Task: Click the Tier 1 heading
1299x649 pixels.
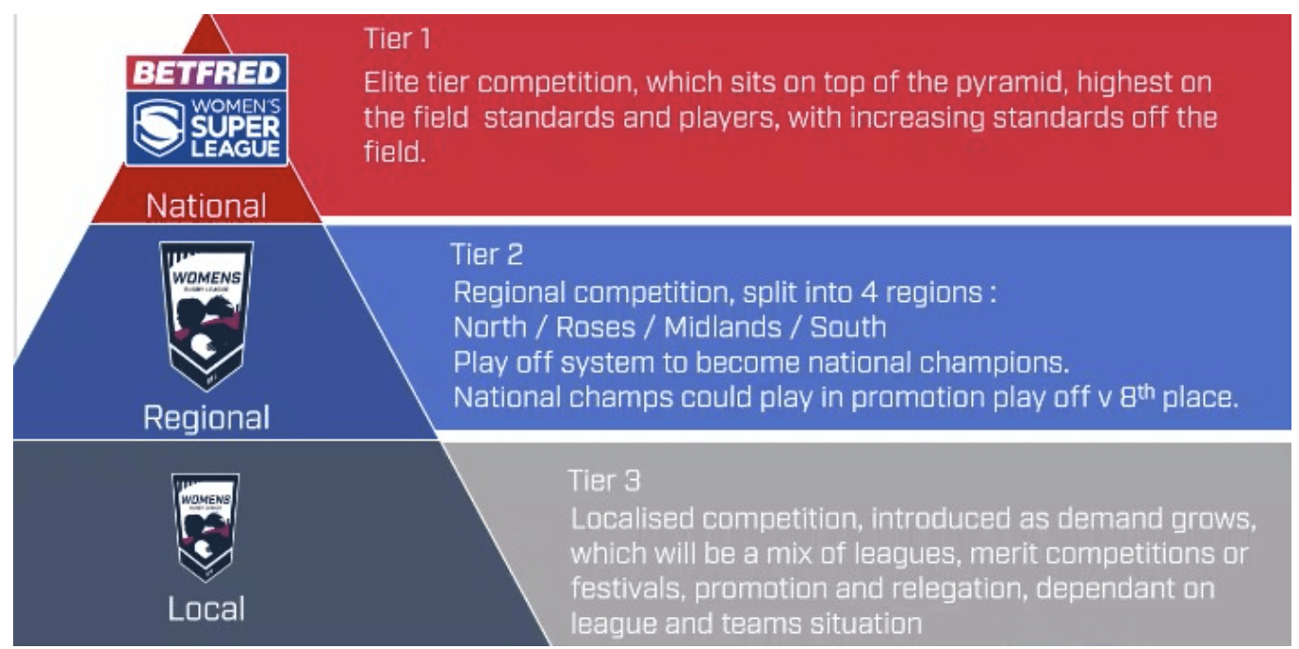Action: pyautogui.click(x=398, y=39)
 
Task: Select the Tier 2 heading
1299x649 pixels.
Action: pyautogui.click(x=486, y=255)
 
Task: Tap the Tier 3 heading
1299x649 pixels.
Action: pyautogui.click(x=604, y=481)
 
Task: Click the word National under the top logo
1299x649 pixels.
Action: pyautogui.click(x=206, y=206)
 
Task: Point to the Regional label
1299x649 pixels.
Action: pyautogui.click(x=206, y=418)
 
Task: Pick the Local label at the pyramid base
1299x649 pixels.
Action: pyautogui.click(x=206, y=608)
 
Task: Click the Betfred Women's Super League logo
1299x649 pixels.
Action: pyautogui.click(x=207, y=109)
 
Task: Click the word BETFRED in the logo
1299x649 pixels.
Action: pyautogui.click(x=207, y=74)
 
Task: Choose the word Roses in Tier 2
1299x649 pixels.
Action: pyautogui.click(x=596, y=327)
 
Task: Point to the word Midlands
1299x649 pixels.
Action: pyautogui.click(x=723, y=327)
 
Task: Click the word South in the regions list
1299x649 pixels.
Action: pyautogui.click(x=848, y=327)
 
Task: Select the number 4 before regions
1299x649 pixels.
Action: pyautogui.click(x=868, y=292)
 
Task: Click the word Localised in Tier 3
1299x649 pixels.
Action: pyautogui.click(x=633, y=519)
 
